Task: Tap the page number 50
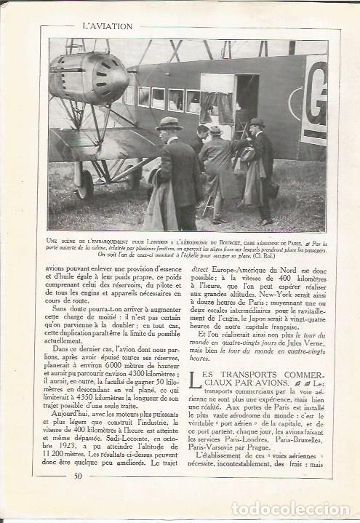(78, 476)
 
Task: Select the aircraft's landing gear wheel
(84, 183)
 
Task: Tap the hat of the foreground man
(169, 124)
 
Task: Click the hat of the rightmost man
(256, 123)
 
